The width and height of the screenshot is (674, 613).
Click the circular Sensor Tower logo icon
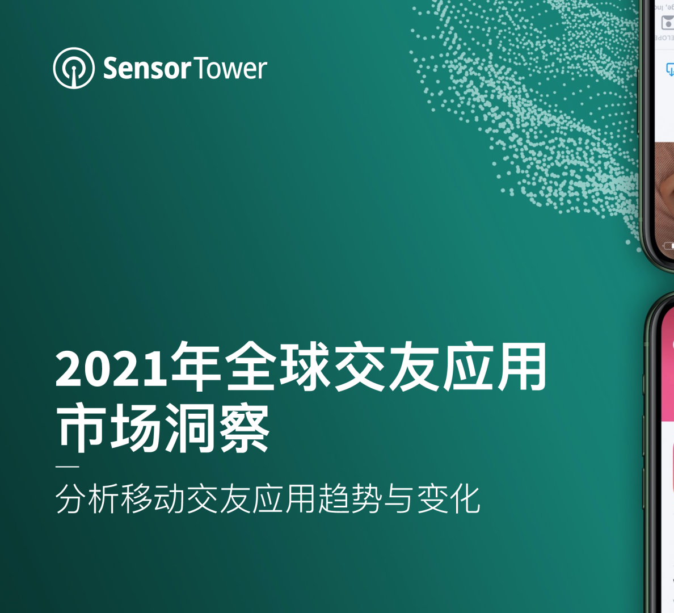tap(74, 68)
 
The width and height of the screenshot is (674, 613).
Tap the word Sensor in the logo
tap(146, 69)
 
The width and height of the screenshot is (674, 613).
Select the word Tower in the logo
tap(230, 69)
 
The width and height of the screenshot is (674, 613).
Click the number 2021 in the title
tap(112, 369)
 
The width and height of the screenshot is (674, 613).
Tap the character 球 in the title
tap(305, 368)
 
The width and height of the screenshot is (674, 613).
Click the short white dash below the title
tap(67, 467)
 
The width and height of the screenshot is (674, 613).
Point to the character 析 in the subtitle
tap(104, 499)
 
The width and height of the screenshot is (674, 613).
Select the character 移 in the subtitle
tap(137, 499)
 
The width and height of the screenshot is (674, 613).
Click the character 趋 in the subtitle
tap(334, 499)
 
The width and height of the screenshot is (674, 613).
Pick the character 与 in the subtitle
tap(399, 499)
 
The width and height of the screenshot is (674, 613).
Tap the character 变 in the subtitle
tap(432, 499)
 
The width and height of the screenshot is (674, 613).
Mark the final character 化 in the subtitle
tap(465, 499)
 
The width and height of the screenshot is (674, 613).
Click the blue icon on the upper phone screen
tap(670, 70)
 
